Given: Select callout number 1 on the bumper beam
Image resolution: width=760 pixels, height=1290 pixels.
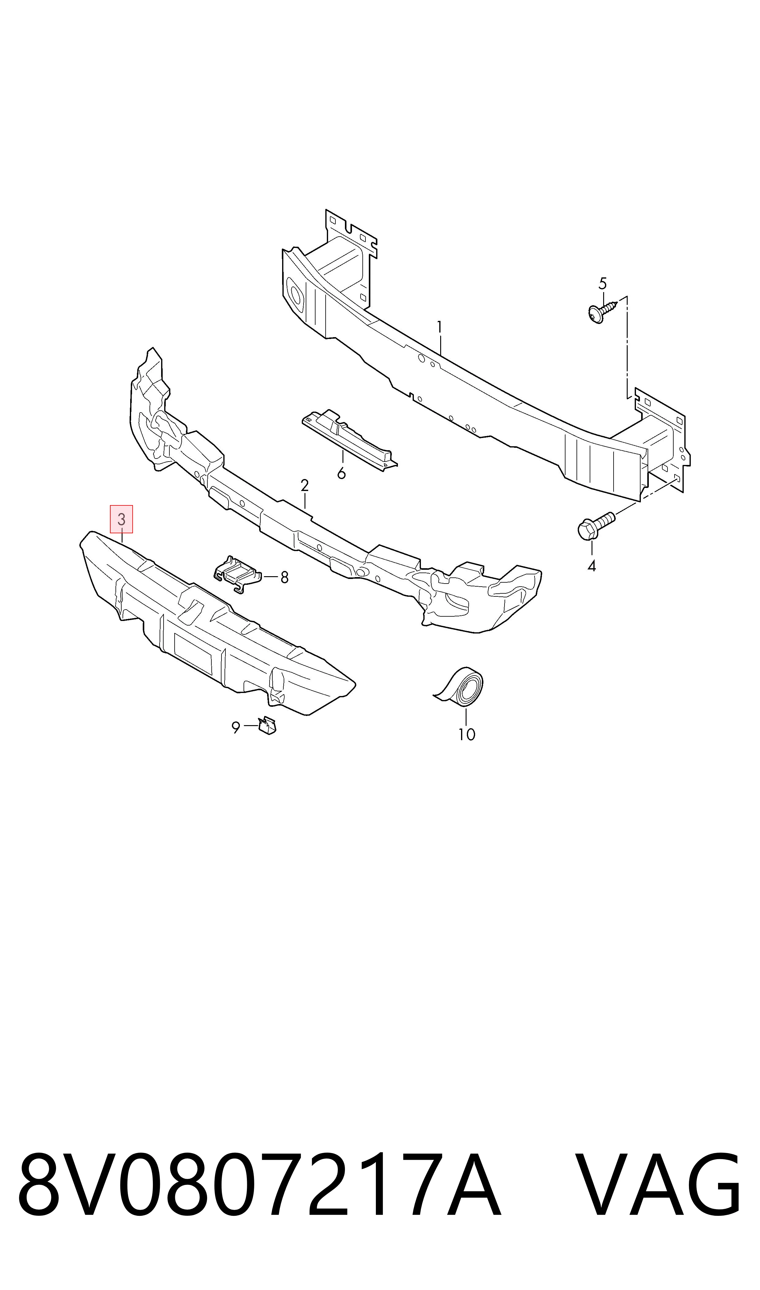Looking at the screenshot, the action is tap(439, 326).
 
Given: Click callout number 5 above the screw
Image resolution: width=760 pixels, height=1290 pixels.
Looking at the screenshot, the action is tap(603, 283).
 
